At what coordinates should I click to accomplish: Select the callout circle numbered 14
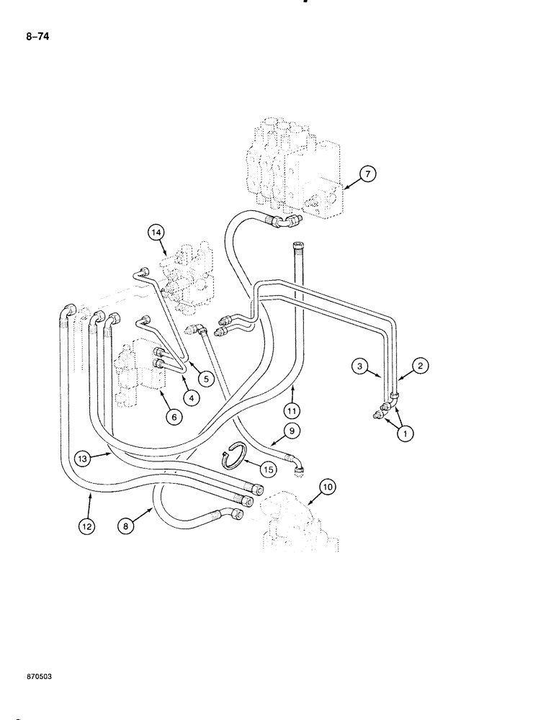coord(157,232)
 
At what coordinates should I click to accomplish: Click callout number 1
coord(407,433)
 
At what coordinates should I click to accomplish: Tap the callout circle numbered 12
coord(86,526)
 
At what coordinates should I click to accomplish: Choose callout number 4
coord(191,397)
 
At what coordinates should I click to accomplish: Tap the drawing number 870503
coord(35,678)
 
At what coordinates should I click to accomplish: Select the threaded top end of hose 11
coord(299,251)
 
